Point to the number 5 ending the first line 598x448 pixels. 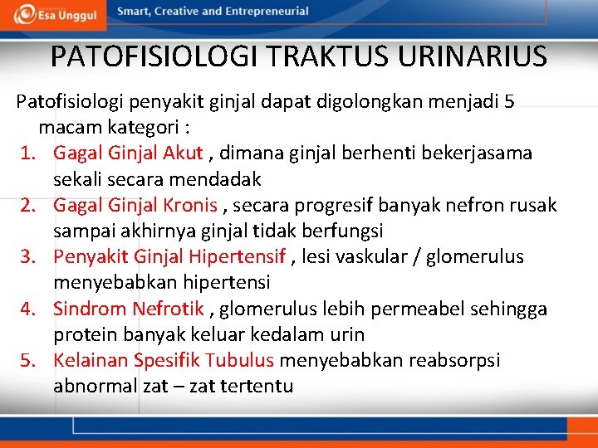(x=509, y=102)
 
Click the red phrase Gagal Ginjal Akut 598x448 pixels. (x=128, y=153)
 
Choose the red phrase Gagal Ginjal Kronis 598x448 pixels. (x=135, y=205)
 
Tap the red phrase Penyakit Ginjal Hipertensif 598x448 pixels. (x=169, y=257)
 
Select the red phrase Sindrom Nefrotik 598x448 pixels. (x=128, y=309)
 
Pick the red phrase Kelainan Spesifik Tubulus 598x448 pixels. (x=164, y=361)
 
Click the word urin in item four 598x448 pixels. (x=347, y=335)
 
